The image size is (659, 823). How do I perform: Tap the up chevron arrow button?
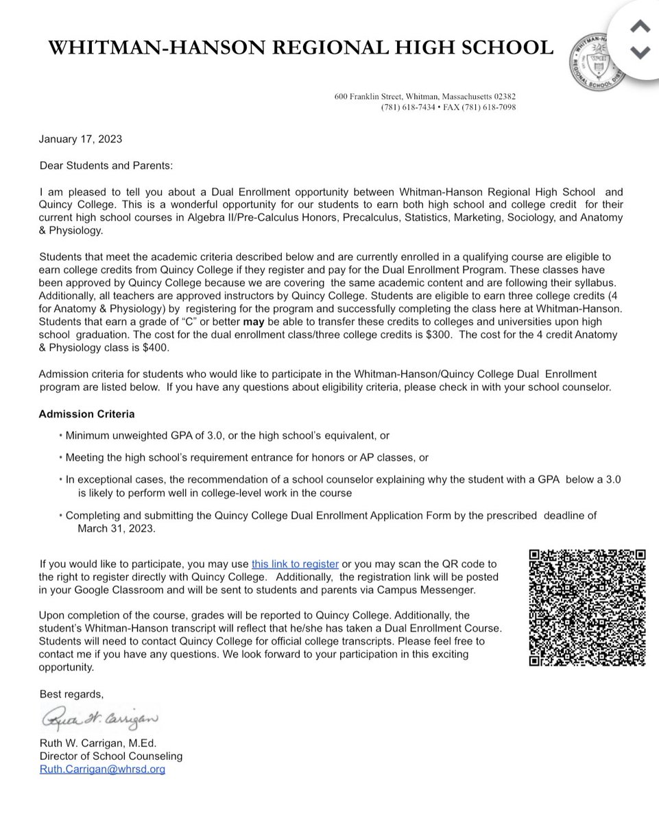639,27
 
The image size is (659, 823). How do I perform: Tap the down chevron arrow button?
639,51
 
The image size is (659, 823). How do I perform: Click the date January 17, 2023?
80,139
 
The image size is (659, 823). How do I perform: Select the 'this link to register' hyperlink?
295,564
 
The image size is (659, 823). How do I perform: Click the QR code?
588,608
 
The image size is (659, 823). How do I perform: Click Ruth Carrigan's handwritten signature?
99,719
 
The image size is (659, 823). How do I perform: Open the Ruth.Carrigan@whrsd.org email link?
102,770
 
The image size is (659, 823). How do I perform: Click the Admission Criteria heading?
86,414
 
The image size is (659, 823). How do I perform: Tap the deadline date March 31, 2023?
117,529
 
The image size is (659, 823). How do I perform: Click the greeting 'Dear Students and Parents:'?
97,165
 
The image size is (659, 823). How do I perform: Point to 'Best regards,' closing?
71,694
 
